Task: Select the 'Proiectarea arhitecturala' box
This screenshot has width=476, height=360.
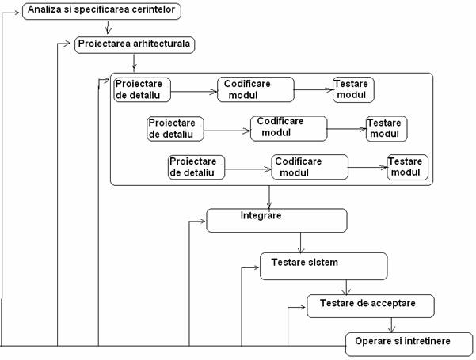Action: tap(135, 44)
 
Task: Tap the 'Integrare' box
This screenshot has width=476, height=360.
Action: tap(276, 220)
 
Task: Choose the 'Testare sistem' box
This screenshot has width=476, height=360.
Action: tap(323, 266)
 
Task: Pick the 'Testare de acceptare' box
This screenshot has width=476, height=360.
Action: tap(371, 306)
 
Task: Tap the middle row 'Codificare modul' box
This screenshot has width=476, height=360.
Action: tap(288, 128)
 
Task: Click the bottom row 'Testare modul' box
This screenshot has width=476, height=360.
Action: tap(407, 168)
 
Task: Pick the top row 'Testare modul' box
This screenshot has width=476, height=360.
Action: tap(352, 89)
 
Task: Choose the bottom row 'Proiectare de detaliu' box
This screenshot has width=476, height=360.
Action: tap(196, 167)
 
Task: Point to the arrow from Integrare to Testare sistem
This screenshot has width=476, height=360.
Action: tap(300, 242)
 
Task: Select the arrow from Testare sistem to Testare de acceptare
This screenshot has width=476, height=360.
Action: tap(346, 287)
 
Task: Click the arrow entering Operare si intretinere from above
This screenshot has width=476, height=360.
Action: tap(390, 325)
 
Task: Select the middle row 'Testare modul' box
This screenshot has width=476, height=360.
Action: tap(386, 128)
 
